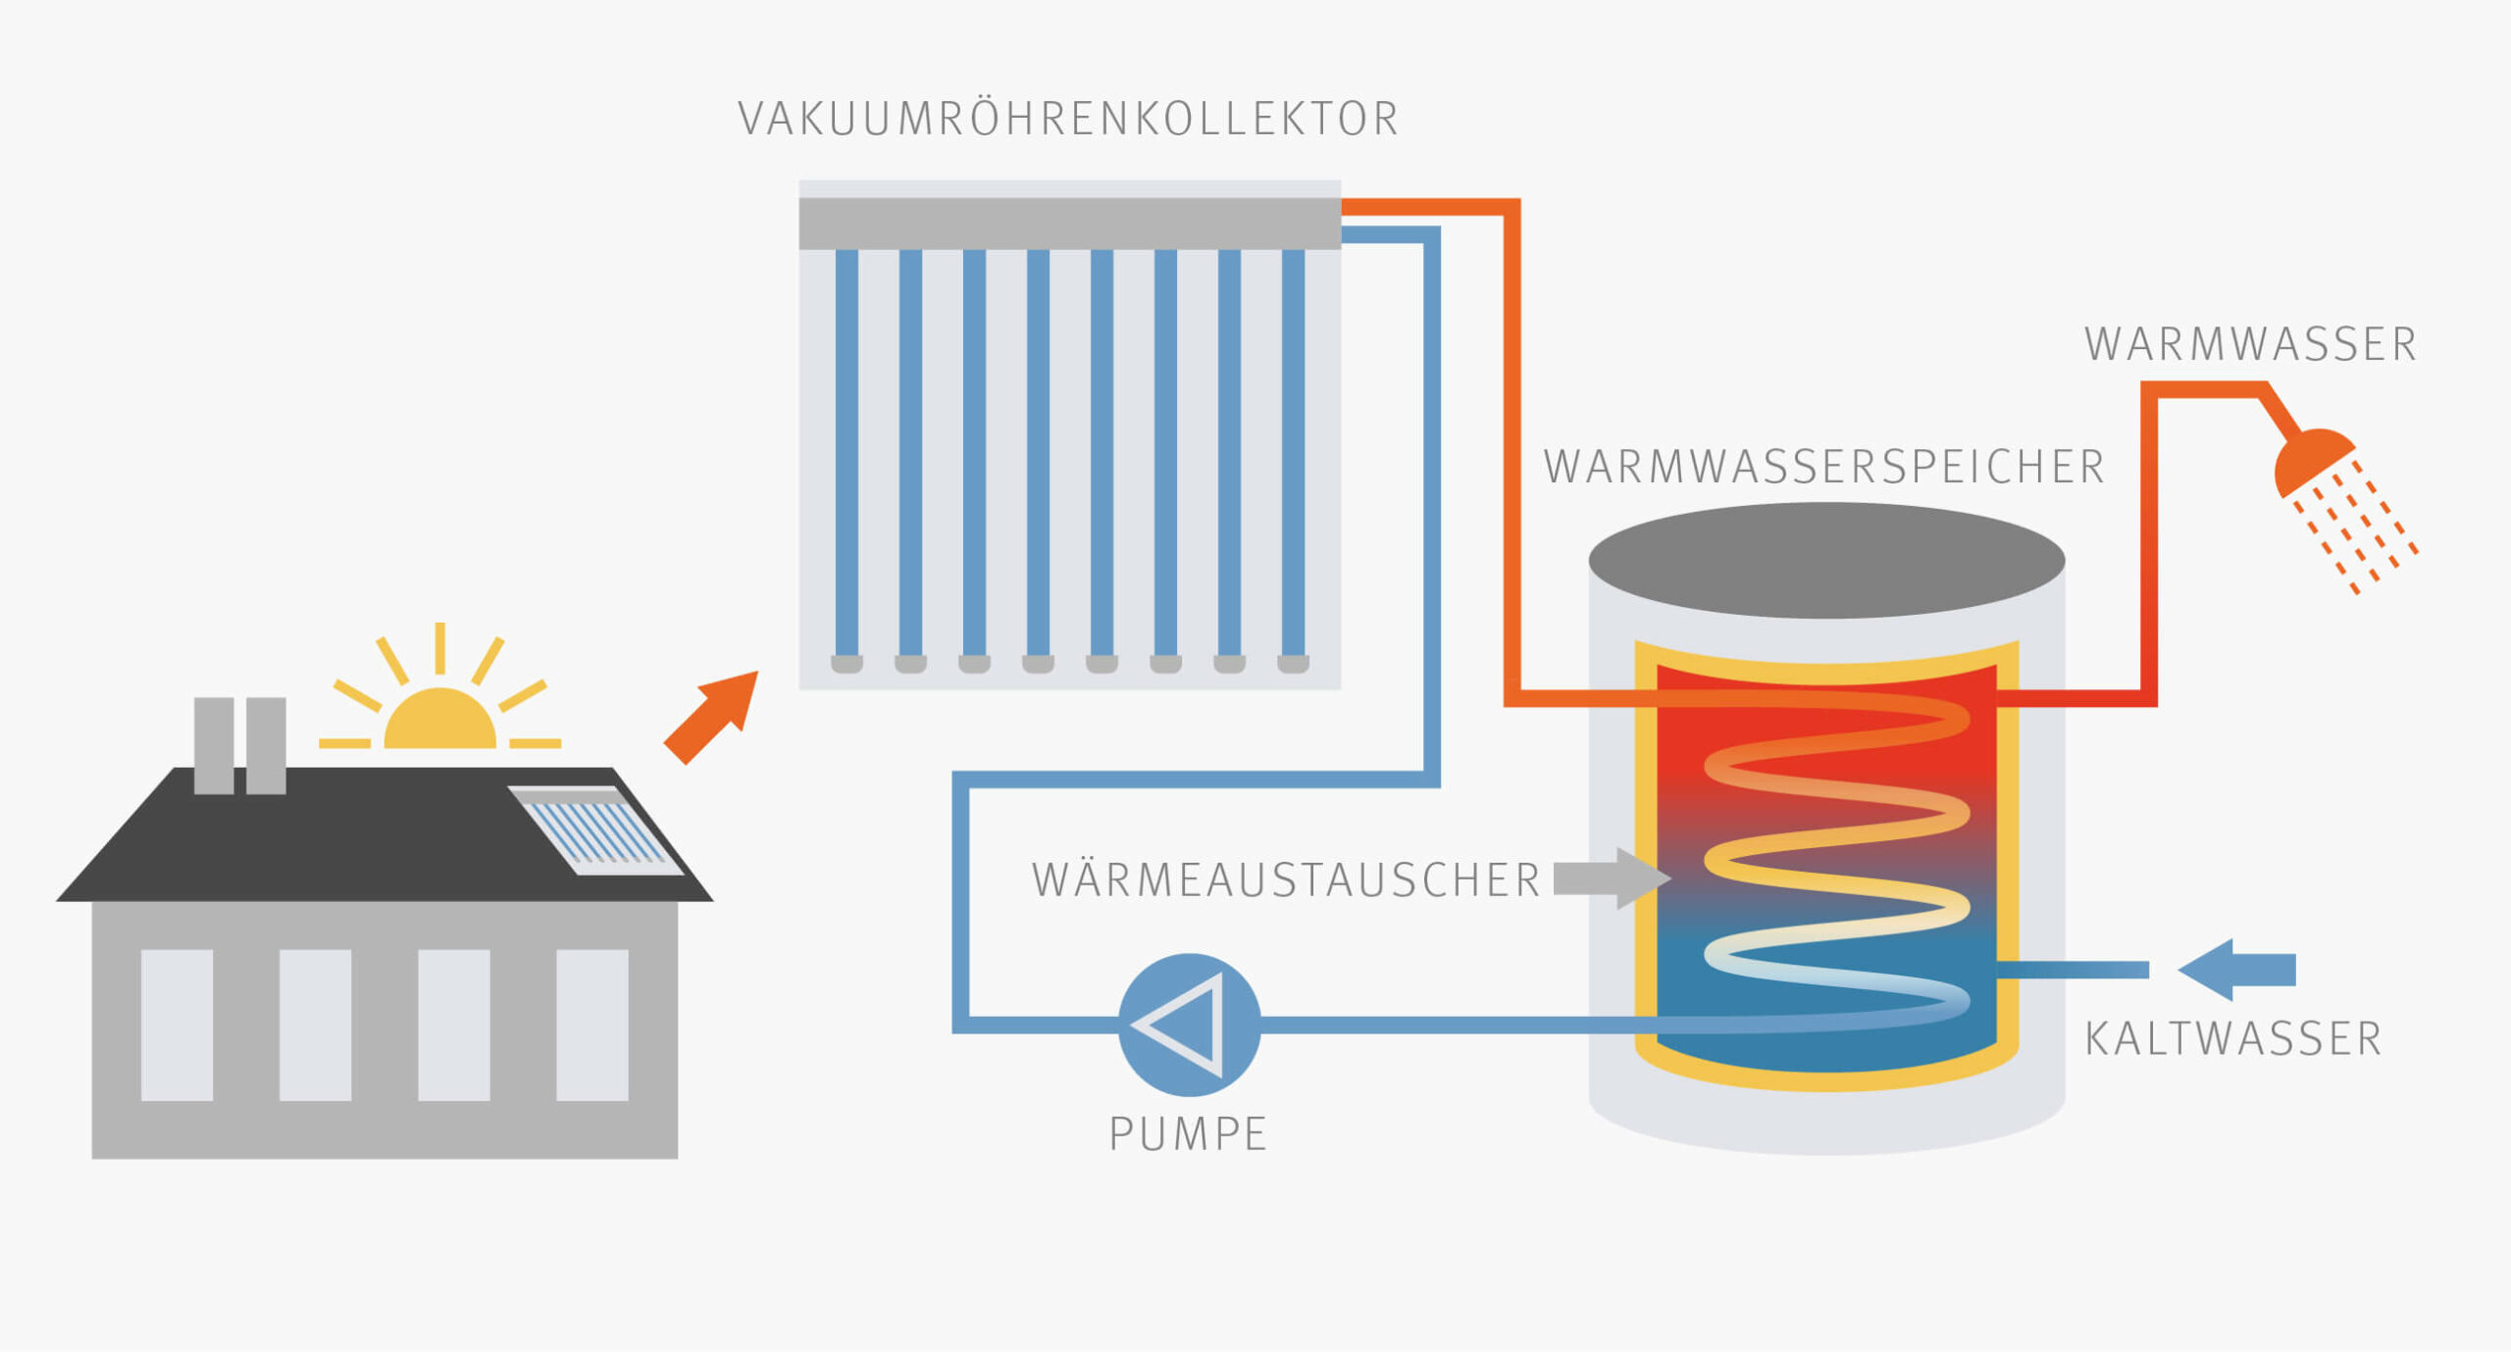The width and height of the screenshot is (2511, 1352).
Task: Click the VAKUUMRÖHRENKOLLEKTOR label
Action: tap(1068, 119)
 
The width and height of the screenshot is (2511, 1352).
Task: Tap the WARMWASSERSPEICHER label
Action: tap(1823, 467)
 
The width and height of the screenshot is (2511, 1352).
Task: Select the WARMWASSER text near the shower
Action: tap(2250, 344)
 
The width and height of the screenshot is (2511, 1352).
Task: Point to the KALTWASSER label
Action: tap(2233, 1039)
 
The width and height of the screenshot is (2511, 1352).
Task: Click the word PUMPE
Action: tap(1188, 1133)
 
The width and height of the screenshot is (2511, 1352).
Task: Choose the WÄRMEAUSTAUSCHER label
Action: tap(1286, 879)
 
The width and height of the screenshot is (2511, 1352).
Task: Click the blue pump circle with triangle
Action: tap(1189, 1025)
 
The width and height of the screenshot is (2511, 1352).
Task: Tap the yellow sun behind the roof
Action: tap(439, 721)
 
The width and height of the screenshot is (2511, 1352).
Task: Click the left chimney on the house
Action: tap(214, 745)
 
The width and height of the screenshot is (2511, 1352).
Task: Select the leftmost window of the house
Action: tap(177, 1025)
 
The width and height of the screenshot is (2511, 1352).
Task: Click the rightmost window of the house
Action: tap(592, 1025)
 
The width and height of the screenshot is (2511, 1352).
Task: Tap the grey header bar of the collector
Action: tap(1069, 224)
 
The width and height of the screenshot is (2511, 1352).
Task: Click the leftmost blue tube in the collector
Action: tap(846, 451)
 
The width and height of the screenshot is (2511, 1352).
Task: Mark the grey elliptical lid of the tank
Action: tap(1826, 561)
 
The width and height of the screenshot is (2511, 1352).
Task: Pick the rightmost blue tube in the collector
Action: tap(1293, 451)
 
